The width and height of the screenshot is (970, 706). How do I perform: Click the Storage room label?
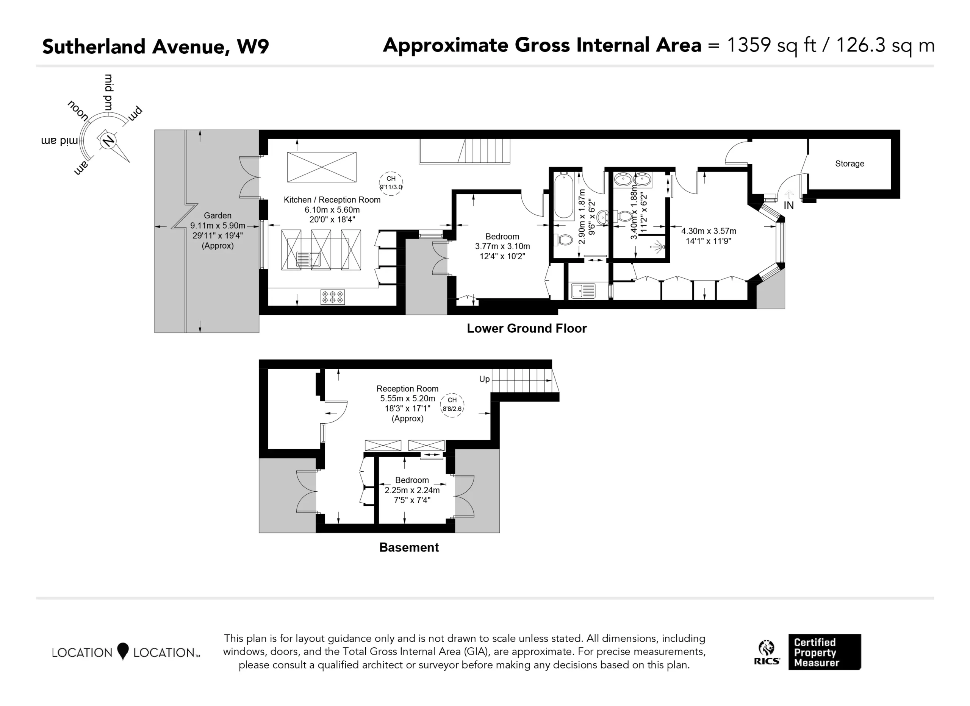click(850, 163)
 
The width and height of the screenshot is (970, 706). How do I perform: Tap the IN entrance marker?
click(789, 206)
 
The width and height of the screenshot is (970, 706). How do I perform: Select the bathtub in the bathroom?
click(564, 196)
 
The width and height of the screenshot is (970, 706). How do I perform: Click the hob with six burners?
click(332, 297)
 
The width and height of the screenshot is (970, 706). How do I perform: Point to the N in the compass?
click(109, 140)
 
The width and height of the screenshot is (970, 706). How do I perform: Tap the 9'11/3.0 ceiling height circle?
click(391, 183)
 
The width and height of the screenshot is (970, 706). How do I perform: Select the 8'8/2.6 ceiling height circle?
click(452, 405)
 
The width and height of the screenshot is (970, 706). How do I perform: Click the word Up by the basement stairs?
click(484, 379)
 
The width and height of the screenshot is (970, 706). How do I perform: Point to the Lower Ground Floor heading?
click(526, 328)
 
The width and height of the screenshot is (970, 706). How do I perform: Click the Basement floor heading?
click(409, 547)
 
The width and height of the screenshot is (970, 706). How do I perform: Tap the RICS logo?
click(767, 653)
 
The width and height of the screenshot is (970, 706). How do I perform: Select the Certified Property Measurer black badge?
click(824, 652)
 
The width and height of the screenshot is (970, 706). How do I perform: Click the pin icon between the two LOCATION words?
click(123, 651)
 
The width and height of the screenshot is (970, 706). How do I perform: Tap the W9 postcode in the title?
click(253, 46)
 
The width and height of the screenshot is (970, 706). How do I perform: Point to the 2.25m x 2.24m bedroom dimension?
click(412, 490)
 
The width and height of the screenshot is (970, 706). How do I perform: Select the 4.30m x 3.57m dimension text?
click(709, 231)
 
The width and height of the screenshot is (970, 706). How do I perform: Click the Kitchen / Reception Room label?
click(332, 199)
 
